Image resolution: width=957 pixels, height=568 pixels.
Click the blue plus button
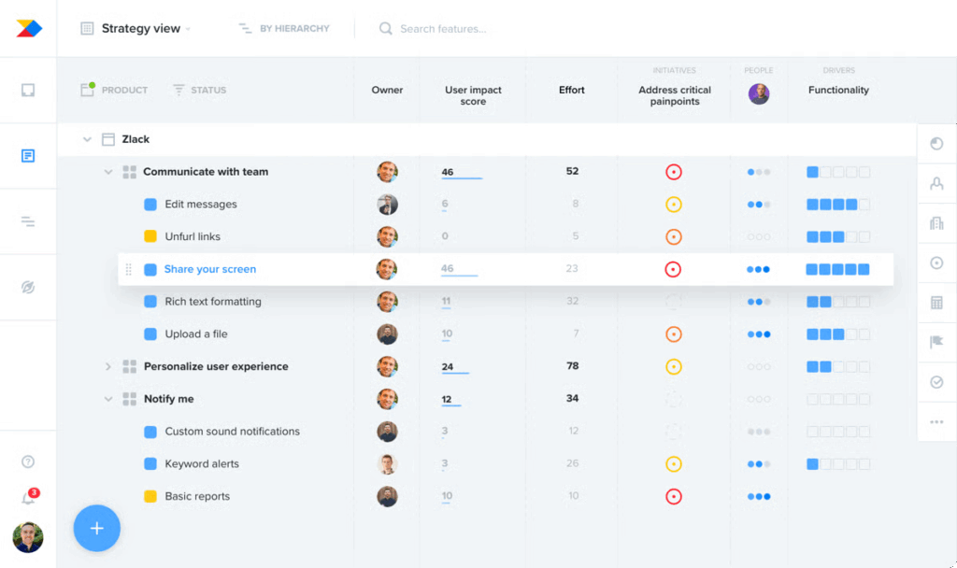click(97, 529)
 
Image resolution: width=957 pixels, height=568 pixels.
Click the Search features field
click(443, 29)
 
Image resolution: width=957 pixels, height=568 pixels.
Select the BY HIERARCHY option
click(284, 29)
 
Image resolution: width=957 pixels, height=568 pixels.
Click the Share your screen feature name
click(210, 269)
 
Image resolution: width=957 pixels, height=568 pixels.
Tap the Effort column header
click(572, 90)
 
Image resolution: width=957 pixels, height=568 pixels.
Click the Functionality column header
click(838, 90)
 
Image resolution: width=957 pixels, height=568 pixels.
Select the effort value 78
click(572, 366)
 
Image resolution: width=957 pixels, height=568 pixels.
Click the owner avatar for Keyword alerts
click(387, 464)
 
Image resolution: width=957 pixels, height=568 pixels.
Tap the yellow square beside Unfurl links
click(150, 236)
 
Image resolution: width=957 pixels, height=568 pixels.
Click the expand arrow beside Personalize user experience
click(108, 367)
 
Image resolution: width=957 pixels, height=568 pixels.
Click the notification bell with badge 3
click(29, 498)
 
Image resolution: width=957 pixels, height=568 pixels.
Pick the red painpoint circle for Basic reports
click(673, 497)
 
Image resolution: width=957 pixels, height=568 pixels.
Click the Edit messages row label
click(201, 205)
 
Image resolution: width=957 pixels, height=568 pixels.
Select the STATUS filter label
click(207, 91)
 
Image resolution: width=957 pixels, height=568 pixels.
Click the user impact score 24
click(448, 367)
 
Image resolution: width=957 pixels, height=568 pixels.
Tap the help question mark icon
click(28, 461)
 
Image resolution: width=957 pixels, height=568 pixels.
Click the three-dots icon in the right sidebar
click(936, 422)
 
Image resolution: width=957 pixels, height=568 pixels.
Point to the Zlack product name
click(136, 139)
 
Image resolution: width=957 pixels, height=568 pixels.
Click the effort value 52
click(572, 172)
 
